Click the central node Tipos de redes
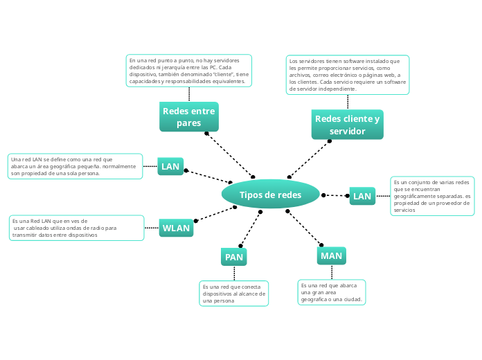click(x=270, y=195)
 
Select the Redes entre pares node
click(x=188, y=117)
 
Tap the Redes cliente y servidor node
click(x=347, y=125)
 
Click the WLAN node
click(x=176, y=228)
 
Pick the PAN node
click(x=234, y=258)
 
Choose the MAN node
click(x=331, y=255)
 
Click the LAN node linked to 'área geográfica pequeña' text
click(x=170, y=166)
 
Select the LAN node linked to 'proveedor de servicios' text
click(x=362, y=196)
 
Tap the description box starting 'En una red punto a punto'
click(x=188, y=71)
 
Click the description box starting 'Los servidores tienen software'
click(x=348, y=75)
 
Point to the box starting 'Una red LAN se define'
click(x=74, y=166)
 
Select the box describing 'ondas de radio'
click(x=76, y=228)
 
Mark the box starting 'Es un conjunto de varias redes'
click(x=433, y=196)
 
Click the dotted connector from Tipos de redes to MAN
click(x=305, y=228)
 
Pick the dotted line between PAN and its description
click(x=234, y=273)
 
